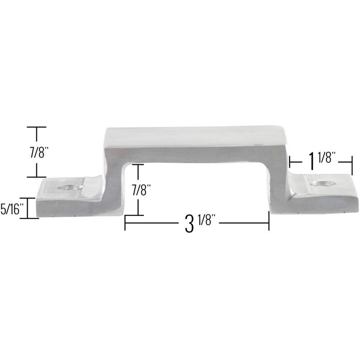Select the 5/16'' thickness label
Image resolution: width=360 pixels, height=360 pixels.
pos(12,209)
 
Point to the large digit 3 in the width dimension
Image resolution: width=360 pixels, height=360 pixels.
pos(189,224)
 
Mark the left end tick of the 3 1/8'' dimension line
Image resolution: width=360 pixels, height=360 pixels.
pos(125,223)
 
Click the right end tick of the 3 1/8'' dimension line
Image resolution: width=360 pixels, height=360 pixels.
pos(269,222)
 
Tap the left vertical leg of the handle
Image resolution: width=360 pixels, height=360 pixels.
pos(115,180)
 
